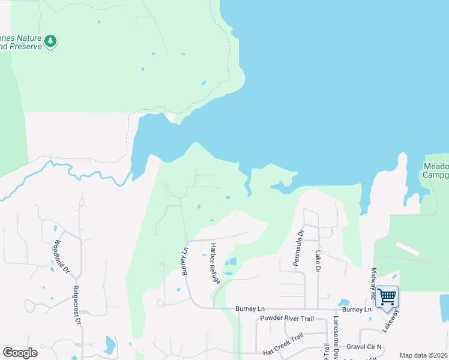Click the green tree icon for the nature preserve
(51, 41)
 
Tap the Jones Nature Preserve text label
(20, 41)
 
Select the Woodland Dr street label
(61, 257)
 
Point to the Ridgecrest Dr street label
(76, 304)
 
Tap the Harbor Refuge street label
(215, 263)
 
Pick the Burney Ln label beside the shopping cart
(357, 310)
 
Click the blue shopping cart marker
(387, 296)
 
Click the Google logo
(20, 353)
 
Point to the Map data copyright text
(423, 355)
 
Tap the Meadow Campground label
(436, 171)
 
